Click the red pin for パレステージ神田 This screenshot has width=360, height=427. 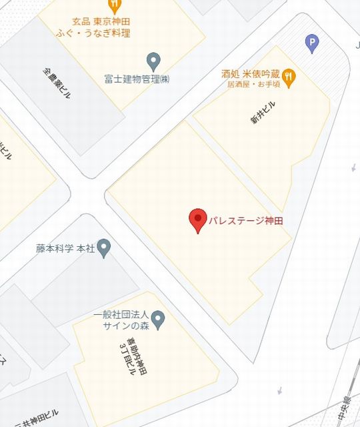click(x=197, y=220)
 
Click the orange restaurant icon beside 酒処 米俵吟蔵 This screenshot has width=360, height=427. click(x=289, y=76)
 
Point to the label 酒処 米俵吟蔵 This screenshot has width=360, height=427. click(x=251, y=74)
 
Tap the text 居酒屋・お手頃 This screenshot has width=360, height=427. click(x=253, y=85)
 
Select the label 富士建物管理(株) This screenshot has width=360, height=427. click(x=136, y=79)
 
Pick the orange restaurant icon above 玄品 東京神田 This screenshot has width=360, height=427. click(x=115, y=6)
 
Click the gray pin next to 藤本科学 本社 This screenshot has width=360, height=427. click(x=103, y=249)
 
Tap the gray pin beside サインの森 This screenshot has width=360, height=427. click(x=158, y=320)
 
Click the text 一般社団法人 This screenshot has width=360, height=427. click(x=119, y=315)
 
